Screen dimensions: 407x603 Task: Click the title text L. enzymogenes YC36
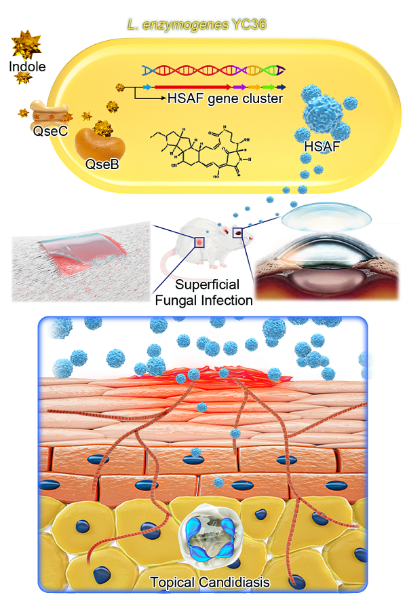[x=197, y=25]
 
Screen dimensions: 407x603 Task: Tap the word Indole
[x=27, y=67]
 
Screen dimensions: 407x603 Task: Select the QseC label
[x=50, y=131]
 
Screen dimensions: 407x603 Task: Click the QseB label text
[x=102, y=164]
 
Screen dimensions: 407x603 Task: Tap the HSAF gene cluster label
[x=225, y=98]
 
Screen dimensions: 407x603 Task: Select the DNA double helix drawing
[x=213, y=71]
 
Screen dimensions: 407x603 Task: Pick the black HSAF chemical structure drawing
[x=200, y=151]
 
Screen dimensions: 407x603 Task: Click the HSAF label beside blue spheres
[x=322, y=146]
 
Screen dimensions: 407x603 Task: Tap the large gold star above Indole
[x=26, y=45]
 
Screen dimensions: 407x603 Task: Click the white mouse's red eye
[x=238, y=232]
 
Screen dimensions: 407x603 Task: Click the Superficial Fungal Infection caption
[x=203, y=292]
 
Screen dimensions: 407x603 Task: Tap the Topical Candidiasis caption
[x=210, y=582]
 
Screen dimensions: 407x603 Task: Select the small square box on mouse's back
[x=200, y=242]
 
